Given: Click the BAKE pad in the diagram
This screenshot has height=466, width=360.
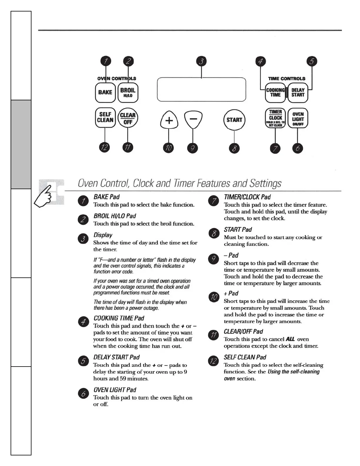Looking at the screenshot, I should pyautogui.click(x=105, y=92).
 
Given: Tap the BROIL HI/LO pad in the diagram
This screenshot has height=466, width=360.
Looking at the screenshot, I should pyautogui.click(x=128, y=92).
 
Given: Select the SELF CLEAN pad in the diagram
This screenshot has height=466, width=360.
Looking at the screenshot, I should pyautogui.click(x=105, y=117).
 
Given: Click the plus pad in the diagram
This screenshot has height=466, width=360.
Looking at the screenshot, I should pyautogui.click(x=169, y=120).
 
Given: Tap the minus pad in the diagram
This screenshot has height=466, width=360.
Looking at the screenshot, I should pyautogui.click(x=193, y=119).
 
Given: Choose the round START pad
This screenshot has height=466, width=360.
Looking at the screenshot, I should pyautogui.click(x=234, y=120).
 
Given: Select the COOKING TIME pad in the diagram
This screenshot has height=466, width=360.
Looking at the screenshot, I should pyautogui.click(x=275, y=92).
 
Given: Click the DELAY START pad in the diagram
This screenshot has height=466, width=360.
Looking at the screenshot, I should pyautogui.click(x=298, y=92).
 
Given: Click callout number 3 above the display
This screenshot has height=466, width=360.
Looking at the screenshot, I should pyautogui.click(x=201, y=61).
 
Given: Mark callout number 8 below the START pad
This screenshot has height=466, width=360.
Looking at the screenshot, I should pyautogui.click(x=234, y=148).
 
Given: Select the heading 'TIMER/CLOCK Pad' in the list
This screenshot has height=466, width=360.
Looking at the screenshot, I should pyautogui.click(x=247, y=197).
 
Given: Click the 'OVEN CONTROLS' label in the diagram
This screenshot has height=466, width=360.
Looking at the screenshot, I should pyautogui.click(x=117, y=79).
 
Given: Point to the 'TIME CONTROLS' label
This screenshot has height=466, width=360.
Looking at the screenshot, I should pyautogui.click(x=287, y=79).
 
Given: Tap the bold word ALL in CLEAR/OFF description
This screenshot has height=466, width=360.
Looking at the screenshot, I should pyautogui.click(x=290, y=339).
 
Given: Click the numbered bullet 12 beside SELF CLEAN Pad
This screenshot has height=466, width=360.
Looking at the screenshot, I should pyautogui.click(x=213, y=361).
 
